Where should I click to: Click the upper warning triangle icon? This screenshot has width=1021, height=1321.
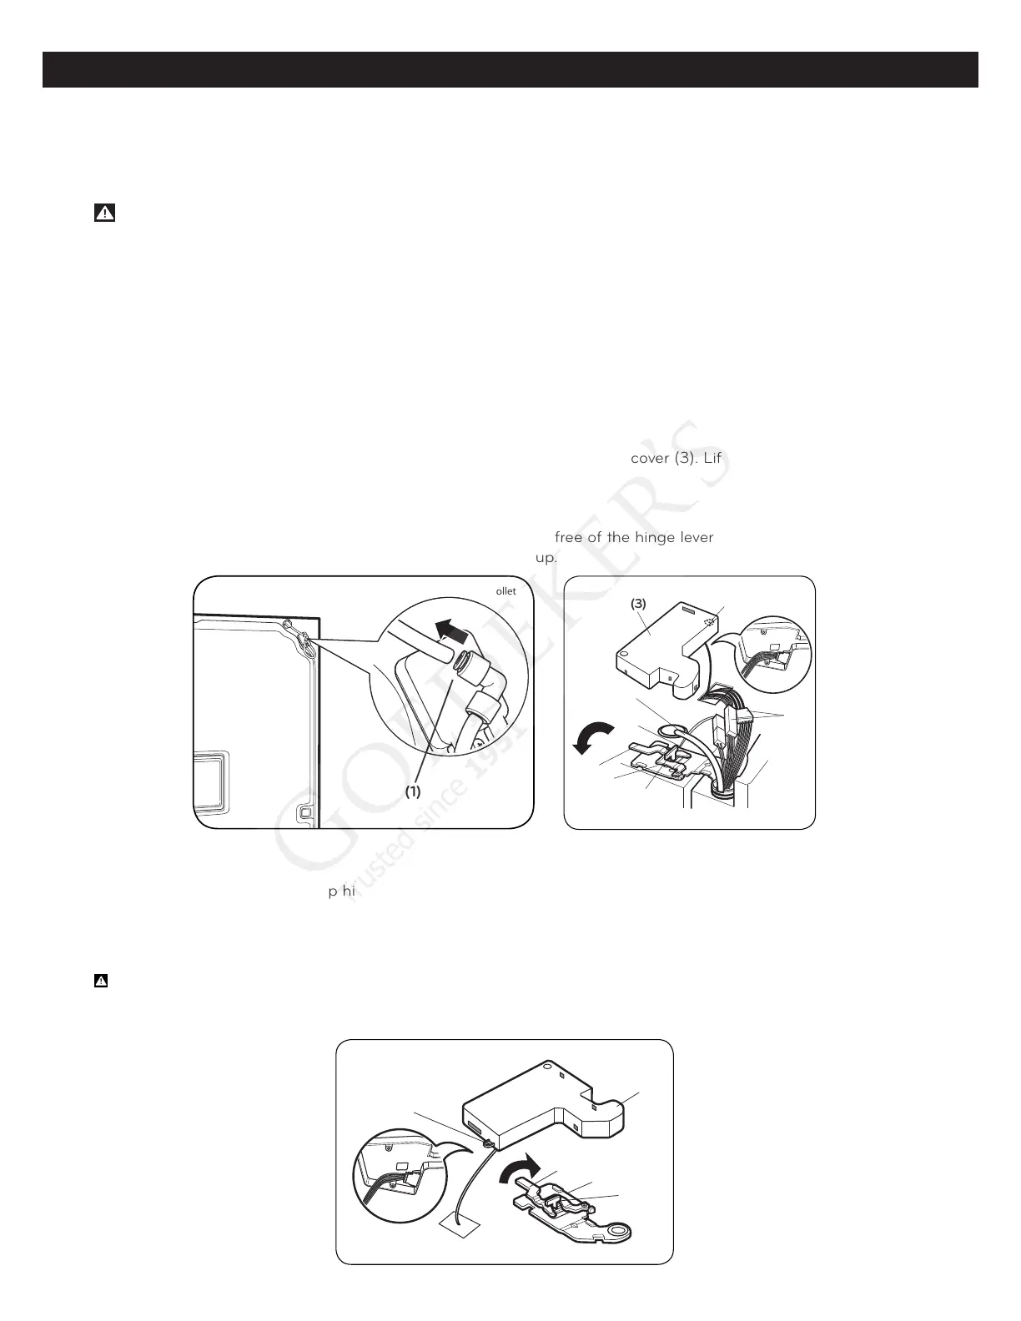[104, 213]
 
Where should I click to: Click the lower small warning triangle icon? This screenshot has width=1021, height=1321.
[100, 982]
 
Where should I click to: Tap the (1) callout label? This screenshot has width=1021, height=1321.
[413, 792]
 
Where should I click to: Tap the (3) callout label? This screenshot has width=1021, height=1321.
[639, 604]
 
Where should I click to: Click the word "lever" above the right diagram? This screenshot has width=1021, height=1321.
[696, 537]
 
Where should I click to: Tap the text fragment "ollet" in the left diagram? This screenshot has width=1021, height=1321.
[506, 591]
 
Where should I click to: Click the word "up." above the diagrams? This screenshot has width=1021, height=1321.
[546, 557]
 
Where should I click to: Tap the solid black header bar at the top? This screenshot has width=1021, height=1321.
[510, 70]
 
